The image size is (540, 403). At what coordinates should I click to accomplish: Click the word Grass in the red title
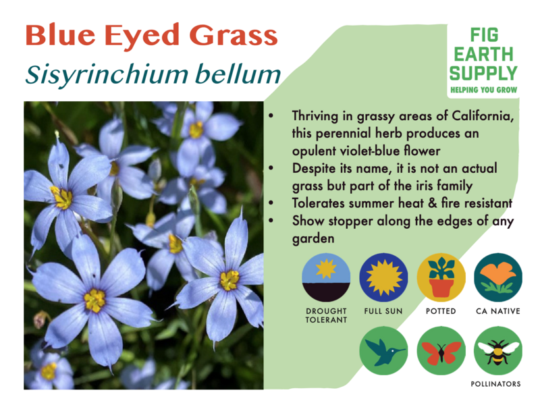click(234, 36)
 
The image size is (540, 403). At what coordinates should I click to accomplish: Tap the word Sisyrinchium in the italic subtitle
click(107, 75)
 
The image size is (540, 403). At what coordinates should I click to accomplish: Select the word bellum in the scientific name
click(238, 74)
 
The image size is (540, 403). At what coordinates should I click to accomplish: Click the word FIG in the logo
click(484, 35)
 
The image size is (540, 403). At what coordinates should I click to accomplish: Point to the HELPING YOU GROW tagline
click(484, 90)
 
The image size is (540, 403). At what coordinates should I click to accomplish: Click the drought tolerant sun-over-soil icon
click(326, 277)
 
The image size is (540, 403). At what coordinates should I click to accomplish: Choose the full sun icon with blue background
click(383, 277)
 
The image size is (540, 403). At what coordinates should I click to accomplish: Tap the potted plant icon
click(441, 277)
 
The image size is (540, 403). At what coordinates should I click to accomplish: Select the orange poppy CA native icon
click(498, 277)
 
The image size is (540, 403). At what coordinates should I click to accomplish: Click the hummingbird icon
click(383, 351)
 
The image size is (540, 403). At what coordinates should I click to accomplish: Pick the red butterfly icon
click(441, 351)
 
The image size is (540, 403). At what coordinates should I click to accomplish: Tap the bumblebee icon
click(498, 351)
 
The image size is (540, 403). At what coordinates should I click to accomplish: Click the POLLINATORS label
click(495, 384)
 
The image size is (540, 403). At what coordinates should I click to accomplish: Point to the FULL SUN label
click(383, 311)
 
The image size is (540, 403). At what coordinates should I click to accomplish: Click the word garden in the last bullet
click(313, 239)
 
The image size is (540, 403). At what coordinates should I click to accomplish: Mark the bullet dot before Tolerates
click(271, 203)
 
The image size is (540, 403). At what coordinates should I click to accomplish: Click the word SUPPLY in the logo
click(483, 73)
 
